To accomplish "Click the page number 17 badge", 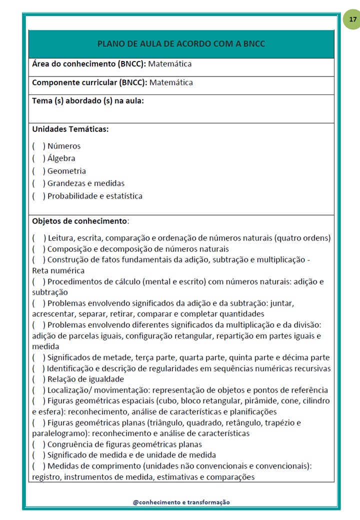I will (353, 20).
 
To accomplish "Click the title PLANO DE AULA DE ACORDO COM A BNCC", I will (181, 44).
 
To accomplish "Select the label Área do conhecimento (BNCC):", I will (88, 64).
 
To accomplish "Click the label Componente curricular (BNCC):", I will (89, 82).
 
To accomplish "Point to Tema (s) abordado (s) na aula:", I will (88, 100).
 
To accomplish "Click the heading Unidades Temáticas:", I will (70, 129).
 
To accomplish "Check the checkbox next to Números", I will (38, 146).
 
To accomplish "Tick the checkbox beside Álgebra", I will (38, 158).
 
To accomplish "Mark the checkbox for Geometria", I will (38, 171).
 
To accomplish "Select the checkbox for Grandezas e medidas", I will (38, 183).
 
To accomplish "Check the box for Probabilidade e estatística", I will (38, 196).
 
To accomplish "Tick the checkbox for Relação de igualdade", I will (38, 379).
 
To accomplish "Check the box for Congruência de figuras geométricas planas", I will (38, 444).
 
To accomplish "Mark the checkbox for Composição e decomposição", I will (38, 249).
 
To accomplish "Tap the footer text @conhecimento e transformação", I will (181, 502).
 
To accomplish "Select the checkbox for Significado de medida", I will (38, 455).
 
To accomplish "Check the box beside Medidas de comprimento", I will (38, 466).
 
